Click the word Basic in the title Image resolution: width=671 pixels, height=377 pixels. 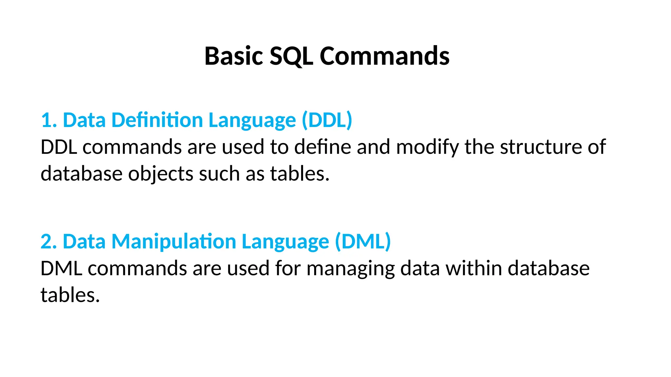tap(234, 56)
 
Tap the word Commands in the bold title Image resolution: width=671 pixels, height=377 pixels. tap(384, 56)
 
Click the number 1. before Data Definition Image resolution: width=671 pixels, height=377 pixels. tap(49, 120)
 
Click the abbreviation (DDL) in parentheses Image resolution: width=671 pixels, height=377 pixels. tap(327, 120)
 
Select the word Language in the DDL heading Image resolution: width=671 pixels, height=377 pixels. tap(252, 120)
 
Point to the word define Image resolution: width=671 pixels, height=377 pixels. tap(323, 147)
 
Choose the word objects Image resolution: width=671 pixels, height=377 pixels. tap(161, 173)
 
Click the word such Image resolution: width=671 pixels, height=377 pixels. tap(219, 173)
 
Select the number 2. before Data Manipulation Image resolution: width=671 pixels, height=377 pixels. tap(49, 242)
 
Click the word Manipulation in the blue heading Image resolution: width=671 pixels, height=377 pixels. tap(174, 242)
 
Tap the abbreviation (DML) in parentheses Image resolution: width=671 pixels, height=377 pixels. tap(363, 242)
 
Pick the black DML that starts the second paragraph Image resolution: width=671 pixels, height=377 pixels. tap(61, 268)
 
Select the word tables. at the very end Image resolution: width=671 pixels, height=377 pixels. tap(70, 295)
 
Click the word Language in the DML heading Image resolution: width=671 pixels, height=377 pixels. tap(285, 242)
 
